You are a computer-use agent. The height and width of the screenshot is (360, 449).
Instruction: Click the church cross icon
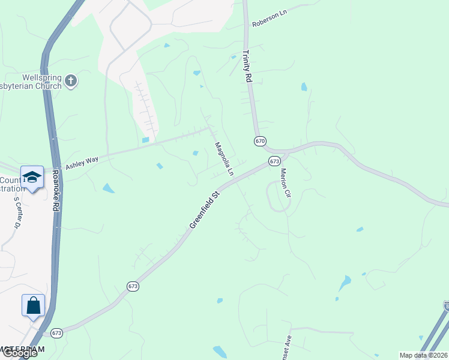point(71,81)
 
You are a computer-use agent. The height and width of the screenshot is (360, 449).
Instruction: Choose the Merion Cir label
point(285,183)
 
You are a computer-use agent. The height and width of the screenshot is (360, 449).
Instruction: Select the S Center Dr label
point(17,212)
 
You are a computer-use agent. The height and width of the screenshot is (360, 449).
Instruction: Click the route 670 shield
point(259,141)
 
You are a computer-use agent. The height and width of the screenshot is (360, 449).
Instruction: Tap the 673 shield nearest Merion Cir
point(274,161)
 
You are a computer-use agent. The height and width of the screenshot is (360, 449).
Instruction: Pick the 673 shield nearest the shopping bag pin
point(57,333)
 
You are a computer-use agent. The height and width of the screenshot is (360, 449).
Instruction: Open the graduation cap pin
point(32,178)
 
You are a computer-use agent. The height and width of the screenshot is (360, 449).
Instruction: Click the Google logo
point(19,353)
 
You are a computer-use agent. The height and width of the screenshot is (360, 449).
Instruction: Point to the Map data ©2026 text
point(423,355)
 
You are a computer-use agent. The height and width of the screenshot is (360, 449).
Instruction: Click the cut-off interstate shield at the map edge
point(446,306)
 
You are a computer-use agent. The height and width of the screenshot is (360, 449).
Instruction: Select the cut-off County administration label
point(10,184)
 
